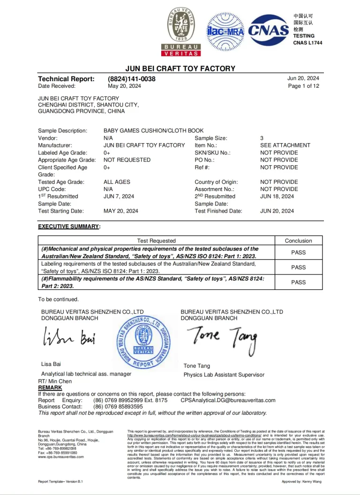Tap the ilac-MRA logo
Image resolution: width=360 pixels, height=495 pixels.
pos(225,31)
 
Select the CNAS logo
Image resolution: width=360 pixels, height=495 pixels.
pos(269,30)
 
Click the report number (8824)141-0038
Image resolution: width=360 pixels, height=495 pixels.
pos(132,79)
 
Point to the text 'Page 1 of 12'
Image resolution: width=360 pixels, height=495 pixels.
pos(303,86)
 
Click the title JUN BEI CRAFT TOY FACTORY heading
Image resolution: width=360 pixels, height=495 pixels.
pos(180,69)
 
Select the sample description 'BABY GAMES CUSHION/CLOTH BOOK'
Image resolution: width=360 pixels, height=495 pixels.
pos(153,131)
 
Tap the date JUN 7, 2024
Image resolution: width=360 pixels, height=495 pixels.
pos(119,197)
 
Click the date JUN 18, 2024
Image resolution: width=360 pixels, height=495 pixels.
pos(277,197)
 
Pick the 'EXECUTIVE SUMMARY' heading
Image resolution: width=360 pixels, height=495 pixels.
pos(68,227)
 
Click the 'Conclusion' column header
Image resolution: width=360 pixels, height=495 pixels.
pos(298,241)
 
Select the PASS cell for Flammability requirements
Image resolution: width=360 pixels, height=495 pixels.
pos(298,282)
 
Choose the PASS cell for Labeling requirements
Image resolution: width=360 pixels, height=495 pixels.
pos(298,267)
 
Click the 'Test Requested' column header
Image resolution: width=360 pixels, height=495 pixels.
pos(157,241)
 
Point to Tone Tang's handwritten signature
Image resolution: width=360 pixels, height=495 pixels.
pos(222,337)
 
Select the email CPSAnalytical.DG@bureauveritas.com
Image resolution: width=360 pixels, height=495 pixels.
pos(228,401)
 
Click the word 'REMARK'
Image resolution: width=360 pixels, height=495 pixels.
pos(50,388)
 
